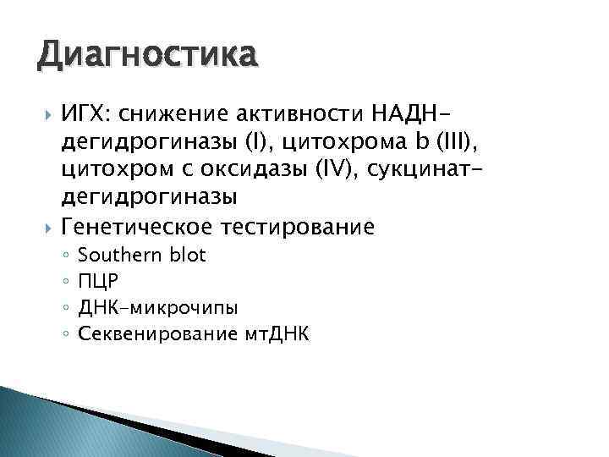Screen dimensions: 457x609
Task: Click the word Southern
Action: coord(119,255)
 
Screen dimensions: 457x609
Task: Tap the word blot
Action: coord(186,255)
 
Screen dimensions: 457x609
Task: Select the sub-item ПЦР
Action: coord(95,281)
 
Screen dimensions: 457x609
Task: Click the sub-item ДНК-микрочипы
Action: coord(145,308)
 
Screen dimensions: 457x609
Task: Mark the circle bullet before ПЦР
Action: coord(65,282)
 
